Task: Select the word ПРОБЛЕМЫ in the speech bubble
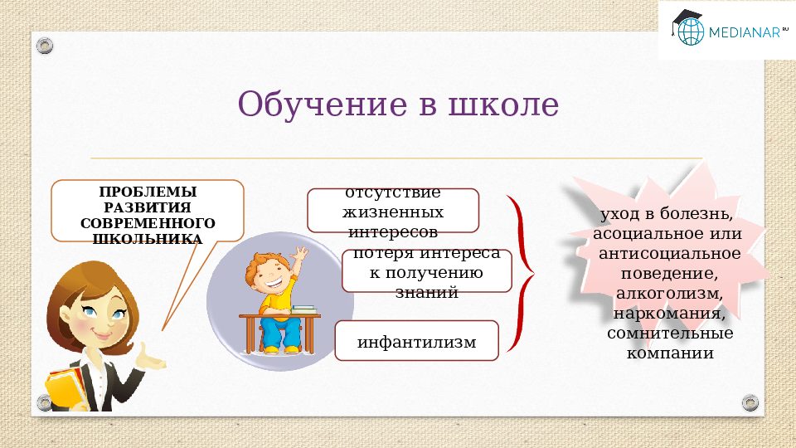click(148, 192)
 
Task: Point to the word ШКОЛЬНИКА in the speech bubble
click(148, 239)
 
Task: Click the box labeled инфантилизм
click(417, 341)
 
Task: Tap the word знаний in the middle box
click(426, 292)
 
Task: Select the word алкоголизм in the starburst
click(669, 294)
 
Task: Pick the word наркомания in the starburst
click(669, 314)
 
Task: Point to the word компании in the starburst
click(669, 353)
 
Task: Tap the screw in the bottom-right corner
click(750, 402)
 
